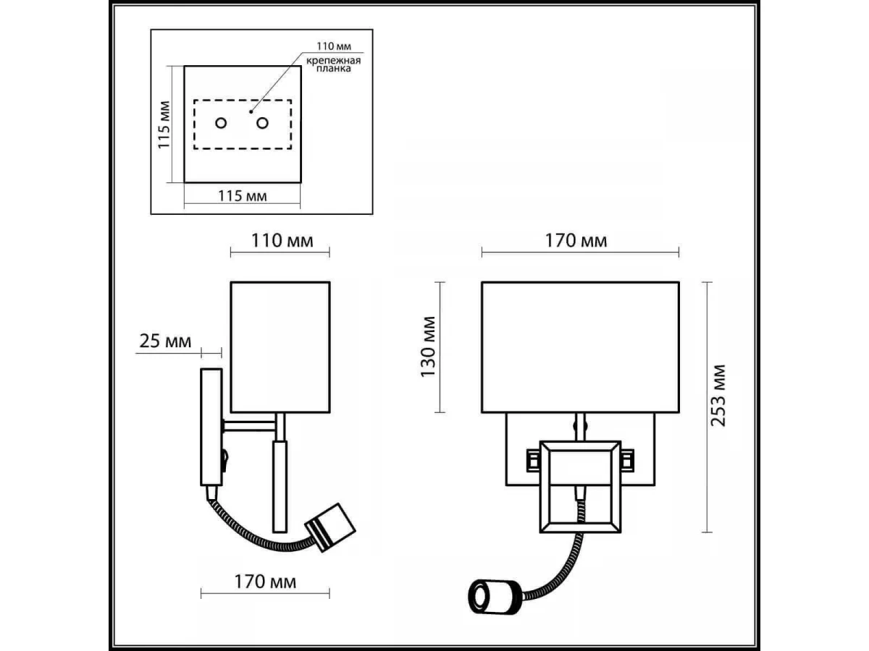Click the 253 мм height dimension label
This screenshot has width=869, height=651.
pyautogui.click(x=718, y=396)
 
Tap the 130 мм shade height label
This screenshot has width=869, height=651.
pyautogui.click(x=428, y=346)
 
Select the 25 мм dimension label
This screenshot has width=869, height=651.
pyautogui.click(x=165, y=341)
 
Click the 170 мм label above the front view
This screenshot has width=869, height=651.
pyautogui.click(x=576, y=240)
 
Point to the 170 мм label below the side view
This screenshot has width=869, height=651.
pyautogui.click(x=265, y=582)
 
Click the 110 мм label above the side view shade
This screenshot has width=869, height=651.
pyautogui.click(x=282, y=240)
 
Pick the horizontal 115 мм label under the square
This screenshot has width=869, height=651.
pyautogui.click(x=243, y=195)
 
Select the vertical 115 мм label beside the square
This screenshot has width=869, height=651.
pyautogui.click(x=164, y=125)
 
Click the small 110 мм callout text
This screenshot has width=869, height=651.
pyautogui.click(x=334, y=46)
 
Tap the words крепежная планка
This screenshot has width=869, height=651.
pyautogui.click(x=334, y=64)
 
